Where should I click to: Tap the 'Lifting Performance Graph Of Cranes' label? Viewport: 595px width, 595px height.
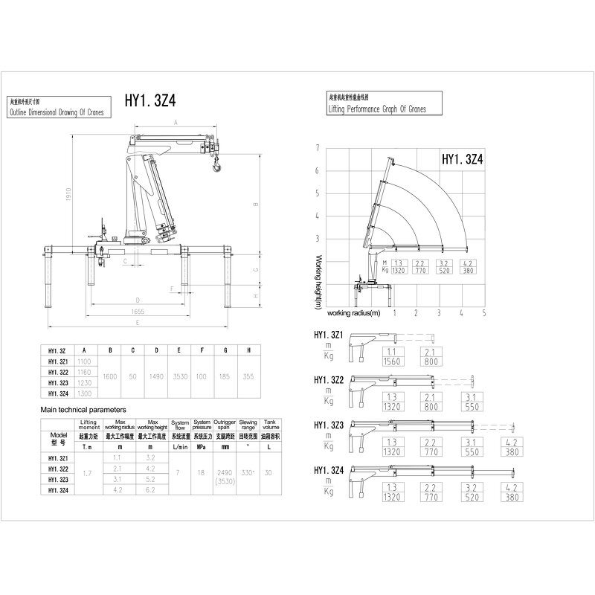[377, 109]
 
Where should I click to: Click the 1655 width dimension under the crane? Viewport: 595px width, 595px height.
[133, 313]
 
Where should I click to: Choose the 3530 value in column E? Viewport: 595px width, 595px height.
[179, 377]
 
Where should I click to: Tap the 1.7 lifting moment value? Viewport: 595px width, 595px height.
[87, 473]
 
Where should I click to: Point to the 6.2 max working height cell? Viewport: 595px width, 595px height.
[152, 490]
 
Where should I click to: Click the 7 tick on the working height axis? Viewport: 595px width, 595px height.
[317, 148]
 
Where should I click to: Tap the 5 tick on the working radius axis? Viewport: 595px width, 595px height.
[484, 312]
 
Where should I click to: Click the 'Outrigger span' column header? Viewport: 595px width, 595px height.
[224, 425]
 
